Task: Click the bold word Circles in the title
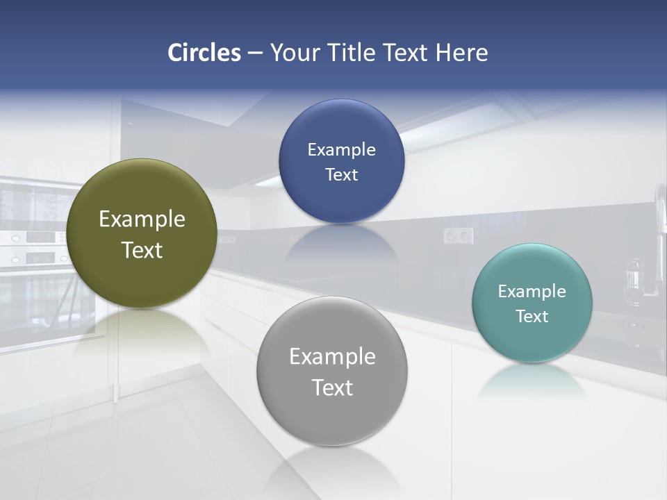(204, 53)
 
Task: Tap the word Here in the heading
(461, 53)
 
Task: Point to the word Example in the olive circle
(142, 219)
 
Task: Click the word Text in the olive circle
(142, 250)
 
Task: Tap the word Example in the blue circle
(341, 150)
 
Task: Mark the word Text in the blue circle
(341, 175)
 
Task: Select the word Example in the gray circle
(332, 357)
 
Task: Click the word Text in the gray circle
(332, 387)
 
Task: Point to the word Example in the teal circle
(532, 292)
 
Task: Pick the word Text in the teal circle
(532, 317)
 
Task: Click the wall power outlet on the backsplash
(459, 236)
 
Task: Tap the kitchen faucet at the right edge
(657, 243)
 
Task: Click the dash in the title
(255, 53)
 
